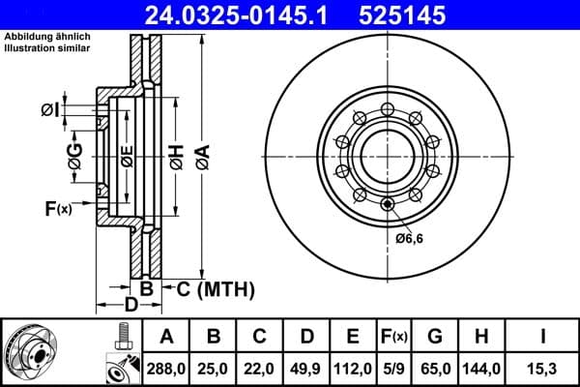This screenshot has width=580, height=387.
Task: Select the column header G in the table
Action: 435,336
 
